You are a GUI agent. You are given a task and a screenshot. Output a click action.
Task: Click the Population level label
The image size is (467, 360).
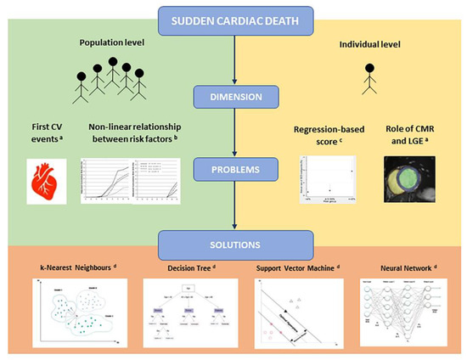point(110,42)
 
